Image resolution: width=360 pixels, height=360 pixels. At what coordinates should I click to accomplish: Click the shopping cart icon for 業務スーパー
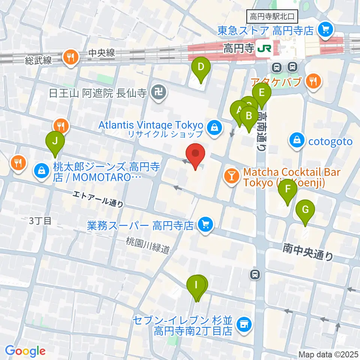(x=205, y=225)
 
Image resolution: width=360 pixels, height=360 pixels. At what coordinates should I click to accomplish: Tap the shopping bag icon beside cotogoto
(x=297, y=141)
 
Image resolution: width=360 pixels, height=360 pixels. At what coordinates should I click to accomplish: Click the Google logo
(x=25, y=351)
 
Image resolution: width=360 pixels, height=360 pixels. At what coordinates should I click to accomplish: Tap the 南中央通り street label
(x=308, y=251)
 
